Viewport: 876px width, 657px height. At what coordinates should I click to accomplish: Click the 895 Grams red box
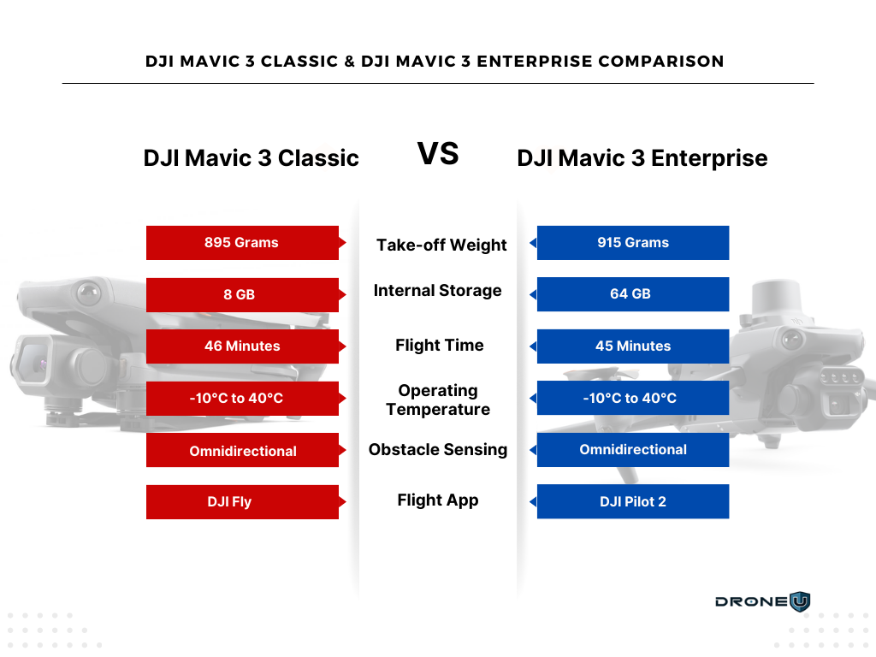point(242,242)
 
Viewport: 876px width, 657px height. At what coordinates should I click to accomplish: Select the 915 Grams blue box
point(633,242)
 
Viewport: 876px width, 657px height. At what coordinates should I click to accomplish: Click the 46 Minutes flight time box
point(242,346)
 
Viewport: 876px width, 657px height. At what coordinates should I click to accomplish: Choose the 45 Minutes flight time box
point(633,346)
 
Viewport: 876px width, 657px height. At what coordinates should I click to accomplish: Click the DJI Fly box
point(242,501)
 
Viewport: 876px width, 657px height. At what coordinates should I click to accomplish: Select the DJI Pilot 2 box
point(633,501)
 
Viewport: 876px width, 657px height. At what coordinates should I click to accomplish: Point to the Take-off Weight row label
point(441,246)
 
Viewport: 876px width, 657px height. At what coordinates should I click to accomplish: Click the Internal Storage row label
point(437,291)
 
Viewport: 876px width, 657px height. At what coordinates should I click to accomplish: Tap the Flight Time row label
point(439,346)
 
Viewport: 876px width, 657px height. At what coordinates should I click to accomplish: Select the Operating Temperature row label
point(438,400)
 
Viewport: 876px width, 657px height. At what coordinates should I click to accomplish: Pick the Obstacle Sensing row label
point(438,450)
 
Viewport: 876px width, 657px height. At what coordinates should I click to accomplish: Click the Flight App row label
point(438,500)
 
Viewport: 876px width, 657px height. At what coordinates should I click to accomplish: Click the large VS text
point(438,154)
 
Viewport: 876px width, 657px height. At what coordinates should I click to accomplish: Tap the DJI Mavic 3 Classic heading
point(251,158)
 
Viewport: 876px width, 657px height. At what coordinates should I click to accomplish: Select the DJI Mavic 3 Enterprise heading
point(642,158)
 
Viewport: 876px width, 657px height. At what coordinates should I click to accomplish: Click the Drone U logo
point(762,601)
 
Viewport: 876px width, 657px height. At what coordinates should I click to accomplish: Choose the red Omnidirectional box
point(242,450)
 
